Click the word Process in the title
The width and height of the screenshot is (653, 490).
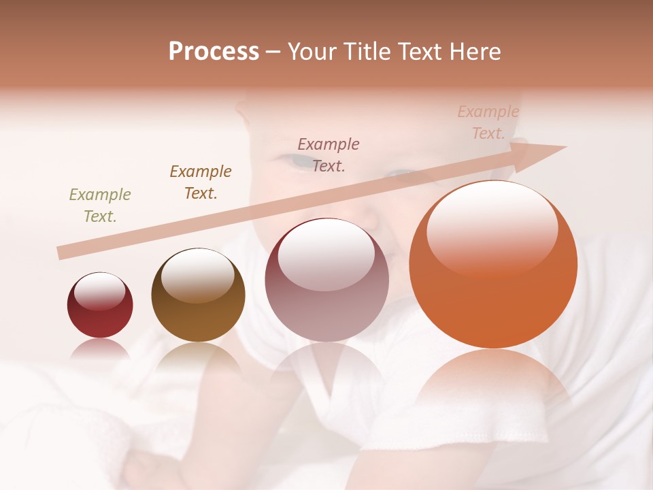coord(214,52)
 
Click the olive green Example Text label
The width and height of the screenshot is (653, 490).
coord(100,206)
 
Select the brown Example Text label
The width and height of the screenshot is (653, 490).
coord(201,182)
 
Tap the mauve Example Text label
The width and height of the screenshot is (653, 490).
coord(329,155)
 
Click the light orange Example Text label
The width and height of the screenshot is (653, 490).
coord(488,122)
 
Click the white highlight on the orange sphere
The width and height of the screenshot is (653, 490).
coord(492,228)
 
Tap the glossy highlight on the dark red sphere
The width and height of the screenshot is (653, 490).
coord(99,291)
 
